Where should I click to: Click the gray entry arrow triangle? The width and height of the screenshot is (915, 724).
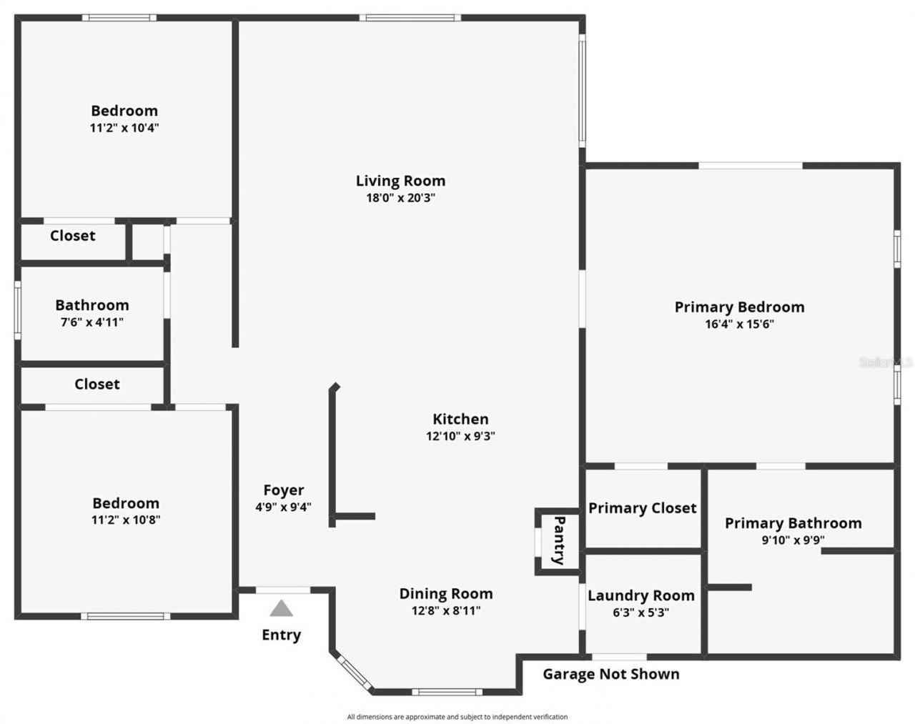(281, 609)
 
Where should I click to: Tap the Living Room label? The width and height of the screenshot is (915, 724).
(400, 181)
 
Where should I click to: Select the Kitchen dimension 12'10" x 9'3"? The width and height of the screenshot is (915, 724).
(460, 436)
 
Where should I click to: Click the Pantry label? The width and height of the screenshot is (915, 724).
(560, 540)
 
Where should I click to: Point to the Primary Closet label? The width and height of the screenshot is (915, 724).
(642, 508)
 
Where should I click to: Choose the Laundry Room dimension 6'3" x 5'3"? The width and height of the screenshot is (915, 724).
(640, 613)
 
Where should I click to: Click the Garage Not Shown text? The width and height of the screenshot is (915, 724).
(610, 674)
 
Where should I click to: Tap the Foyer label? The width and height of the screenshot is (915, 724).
(283, 490)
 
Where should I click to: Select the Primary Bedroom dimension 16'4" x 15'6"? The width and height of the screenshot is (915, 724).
(739, 324)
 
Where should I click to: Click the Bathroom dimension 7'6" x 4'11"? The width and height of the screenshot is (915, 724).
(91, 322)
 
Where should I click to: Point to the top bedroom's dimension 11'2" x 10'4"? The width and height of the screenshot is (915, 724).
(124, 128)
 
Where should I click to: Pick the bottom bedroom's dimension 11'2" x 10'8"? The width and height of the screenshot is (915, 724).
(125, 520)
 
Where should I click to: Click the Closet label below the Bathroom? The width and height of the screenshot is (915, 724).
(97, 385)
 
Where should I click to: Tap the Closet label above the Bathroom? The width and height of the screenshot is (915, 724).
(72, 236)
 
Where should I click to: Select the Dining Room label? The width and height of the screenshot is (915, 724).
(445, 594)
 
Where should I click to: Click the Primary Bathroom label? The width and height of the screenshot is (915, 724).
(793, 523)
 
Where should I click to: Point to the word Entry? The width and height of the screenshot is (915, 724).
(281, 635)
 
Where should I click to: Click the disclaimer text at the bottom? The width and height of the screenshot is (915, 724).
(457, 717)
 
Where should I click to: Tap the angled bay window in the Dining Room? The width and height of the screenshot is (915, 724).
(354, 674)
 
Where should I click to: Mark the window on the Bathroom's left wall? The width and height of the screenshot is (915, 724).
(18, 311)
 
